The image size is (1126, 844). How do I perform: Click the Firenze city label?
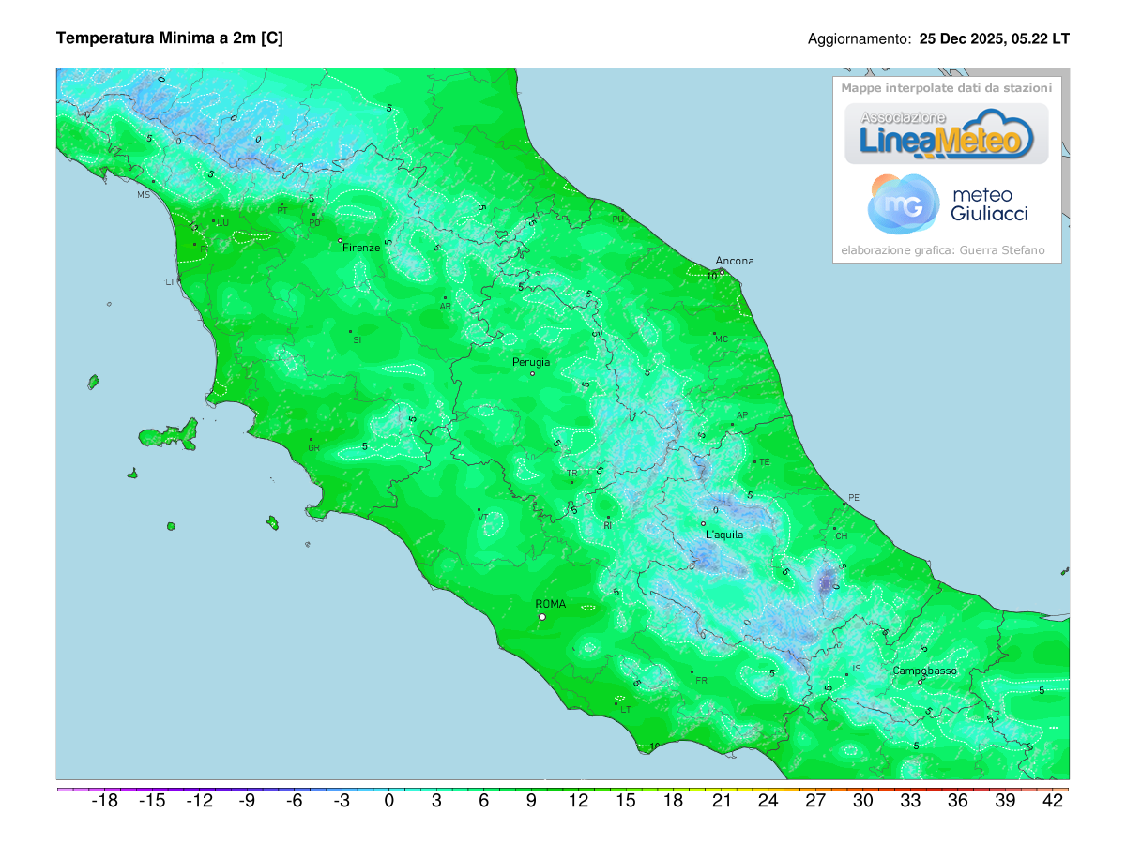pos(361,248)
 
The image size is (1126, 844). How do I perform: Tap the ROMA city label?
pos(550,604)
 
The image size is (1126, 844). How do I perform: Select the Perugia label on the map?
pos(531,362)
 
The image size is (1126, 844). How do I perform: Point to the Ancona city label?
pos(734,261)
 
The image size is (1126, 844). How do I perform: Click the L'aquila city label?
pos(724,535)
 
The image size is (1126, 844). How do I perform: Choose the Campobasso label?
pos(924,671)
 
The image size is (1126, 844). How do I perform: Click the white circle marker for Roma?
pos(542,617)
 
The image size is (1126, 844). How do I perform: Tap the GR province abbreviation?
pos(313,448)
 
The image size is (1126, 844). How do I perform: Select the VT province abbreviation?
pos(483,517)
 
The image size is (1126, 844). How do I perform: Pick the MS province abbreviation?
pos(144,195)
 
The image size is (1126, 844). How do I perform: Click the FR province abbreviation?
pos(701,680)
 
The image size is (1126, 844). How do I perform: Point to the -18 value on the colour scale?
pos(104,801)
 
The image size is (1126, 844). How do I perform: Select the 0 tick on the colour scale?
pos(389,801)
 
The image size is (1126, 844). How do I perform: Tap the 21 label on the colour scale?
pos(722,801)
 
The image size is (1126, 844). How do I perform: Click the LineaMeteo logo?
pos(947,134)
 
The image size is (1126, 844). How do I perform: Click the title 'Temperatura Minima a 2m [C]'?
pos(169,38)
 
